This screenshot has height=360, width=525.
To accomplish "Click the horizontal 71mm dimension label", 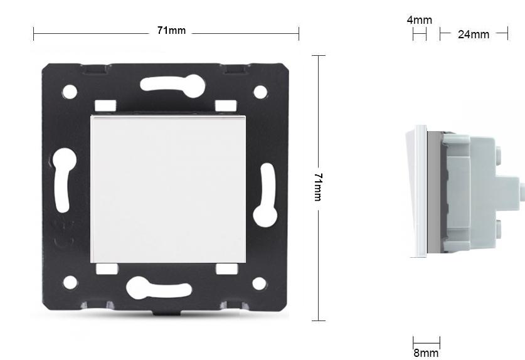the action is [x=171, y=31].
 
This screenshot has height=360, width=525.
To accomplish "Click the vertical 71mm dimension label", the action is [x=318, y=187].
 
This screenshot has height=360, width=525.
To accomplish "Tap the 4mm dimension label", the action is [x=419, y=20].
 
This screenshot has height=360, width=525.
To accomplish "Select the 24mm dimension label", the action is [x=474, y=34].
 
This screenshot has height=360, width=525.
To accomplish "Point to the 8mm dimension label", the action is [x=426, y=353].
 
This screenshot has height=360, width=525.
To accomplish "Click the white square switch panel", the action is [x=168, y=189].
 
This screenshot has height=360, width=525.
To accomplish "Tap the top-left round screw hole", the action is [x=70, y=92].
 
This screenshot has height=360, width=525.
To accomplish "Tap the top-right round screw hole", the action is [x=260, y=92].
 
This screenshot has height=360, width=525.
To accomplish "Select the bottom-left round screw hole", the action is [x=70, y=282].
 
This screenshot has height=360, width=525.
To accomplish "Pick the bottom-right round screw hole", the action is [x=260, y=283].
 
